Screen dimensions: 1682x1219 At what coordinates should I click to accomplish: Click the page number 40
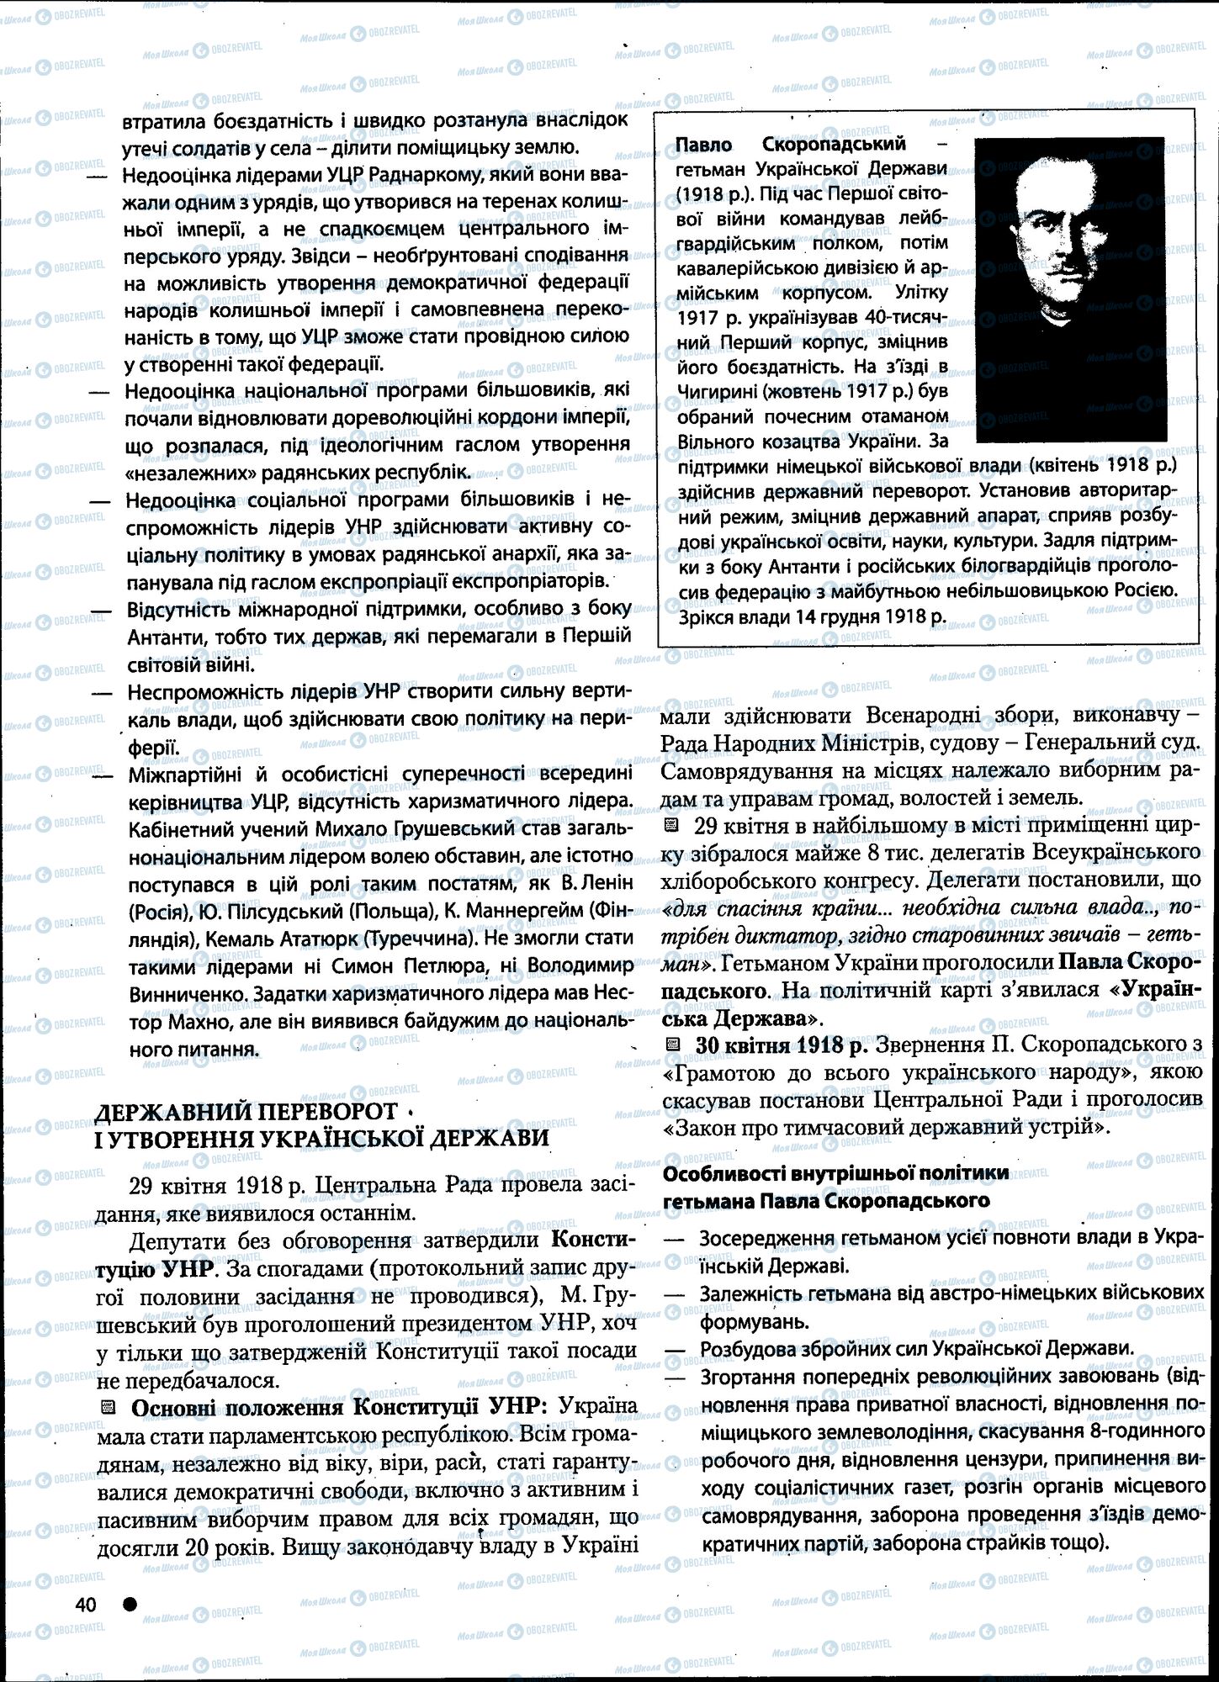[86, 1604]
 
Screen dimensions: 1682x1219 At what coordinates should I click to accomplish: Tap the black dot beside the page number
[130, 1603]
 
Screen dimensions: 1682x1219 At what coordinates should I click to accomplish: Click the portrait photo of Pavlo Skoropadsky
[1070, 289]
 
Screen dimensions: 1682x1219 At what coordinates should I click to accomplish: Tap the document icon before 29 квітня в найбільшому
[670, 825]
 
